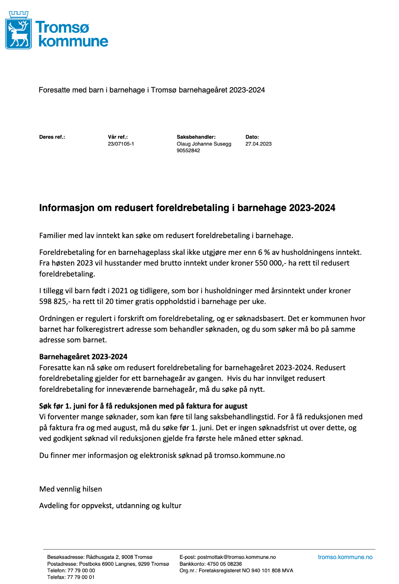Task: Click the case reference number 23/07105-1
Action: pos(121,144)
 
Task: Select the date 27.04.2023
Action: pos(258,144)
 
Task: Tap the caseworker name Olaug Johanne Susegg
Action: pos(204,144)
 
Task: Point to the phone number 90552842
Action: pos(188,150)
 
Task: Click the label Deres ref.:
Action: pos(52,137)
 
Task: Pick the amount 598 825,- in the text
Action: pos(55,301)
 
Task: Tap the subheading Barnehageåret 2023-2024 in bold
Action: pos(83,357)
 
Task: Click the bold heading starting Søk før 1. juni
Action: pos(143,406)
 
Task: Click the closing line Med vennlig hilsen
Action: pos(71,489)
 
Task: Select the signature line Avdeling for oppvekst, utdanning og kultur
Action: pos(110,506)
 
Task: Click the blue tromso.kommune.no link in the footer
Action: pos(345,557)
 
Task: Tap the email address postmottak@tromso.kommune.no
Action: pos(236,557)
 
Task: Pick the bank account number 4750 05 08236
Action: pos(224,564)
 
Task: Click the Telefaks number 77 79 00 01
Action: pos(81,577)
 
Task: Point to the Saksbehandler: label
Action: pos(196,137)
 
